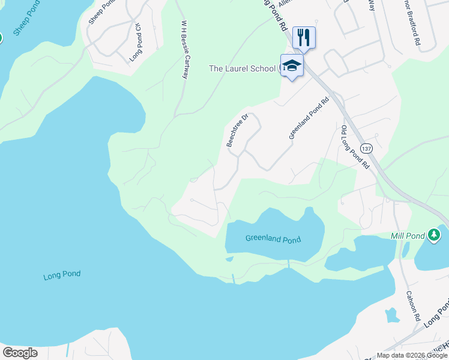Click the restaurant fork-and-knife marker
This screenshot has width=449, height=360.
tap(304, 37)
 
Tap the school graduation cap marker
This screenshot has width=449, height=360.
tap(292, 65)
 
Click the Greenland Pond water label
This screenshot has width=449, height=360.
tap(273, 239)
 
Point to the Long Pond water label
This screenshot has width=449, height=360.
tap(62, 276)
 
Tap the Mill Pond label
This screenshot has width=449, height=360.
tap(408, 235)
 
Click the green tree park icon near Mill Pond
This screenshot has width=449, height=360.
tap(434, 235)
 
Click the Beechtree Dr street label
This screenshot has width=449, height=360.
tap(237, 131)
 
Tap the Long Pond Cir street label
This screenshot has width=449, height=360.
tap(136, 43)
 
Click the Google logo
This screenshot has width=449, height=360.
tap(20, 353)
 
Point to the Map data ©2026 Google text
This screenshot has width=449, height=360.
tap(411, 355)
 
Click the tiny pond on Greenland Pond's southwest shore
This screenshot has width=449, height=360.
tap(229, 259)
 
